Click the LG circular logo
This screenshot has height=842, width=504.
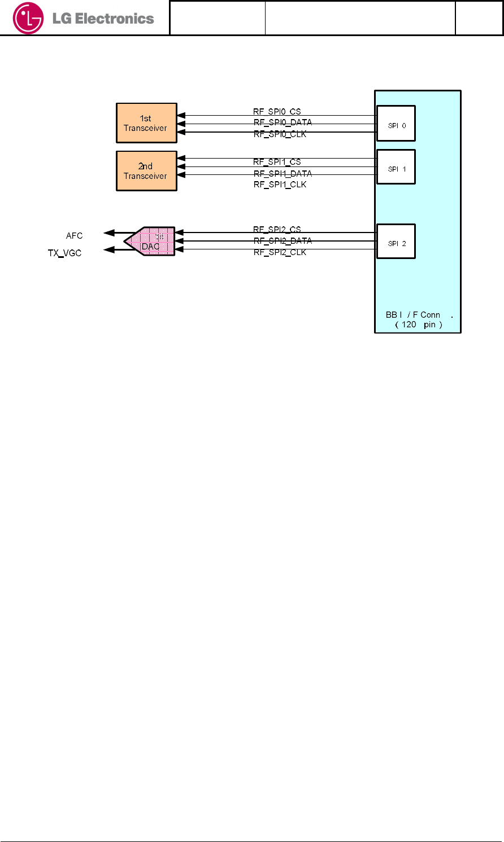pyautogui.click(x=28, y=18)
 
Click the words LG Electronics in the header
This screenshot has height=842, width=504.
pyautogui.click(x=103, y=19)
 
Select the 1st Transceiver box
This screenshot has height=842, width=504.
pyautogui.click(x=146, y=123)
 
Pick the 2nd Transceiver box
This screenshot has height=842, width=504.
pyautogui.click(x=146, y=171)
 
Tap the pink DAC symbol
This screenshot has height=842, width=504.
pyautogui.click(x=151, y=242)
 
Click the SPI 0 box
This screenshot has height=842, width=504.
pyautogui.click(x=396, y=124)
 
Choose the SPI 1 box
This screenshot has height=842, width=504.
pyautogui.click(x=396, y=167)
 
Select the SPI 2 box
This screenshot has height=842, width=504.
pyautogui.click(x=396, y=242)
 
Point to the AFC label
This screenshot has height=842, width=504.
pyautogui.click(x=75, y=236)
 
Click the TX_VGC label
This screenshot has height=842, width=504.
pyautogui.click(x=65, y=253)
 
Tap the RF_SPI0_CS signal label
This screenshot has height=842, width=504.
pyautogui.click(x=277, y=112)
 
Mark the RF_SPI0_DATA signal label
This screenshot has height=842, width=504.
pyautogui.click(x=283, y=122)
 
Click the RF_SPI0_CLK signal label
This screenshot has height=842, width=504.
pyautogui.click(x=280, y=134)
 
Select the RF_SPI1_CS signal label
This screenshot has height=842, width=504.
pyautogui.click(x=277, y=162)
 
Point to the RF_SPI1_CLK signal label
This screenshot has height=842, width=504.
pyautogui.click(x=280, y=185)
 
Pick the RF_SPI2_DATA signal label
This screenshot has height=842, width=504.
pyautogui.click(x=283, y=241)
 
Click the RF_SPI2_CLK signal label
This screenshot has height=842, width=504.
pyautogui.click(x=280, y=252)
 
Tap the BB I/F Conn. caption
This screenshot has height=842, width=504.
pyautogui.click(x=419, y=319)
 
